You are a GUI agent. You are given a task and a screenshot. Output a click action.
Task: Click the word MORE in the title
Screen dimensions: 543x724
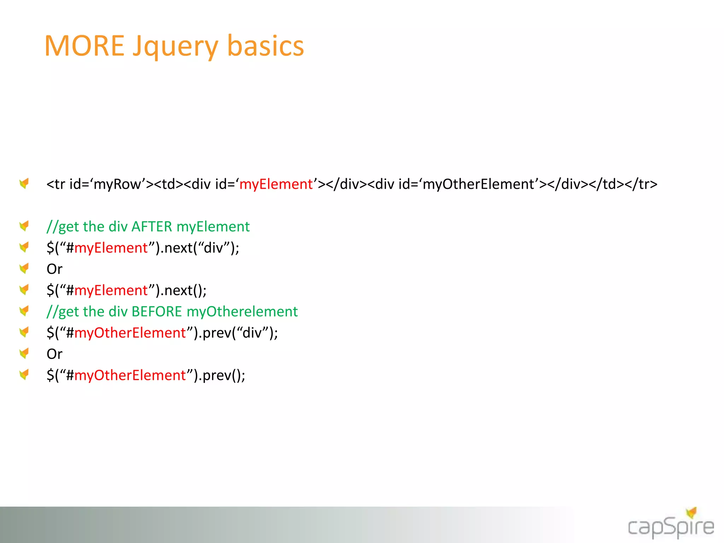(84, 46)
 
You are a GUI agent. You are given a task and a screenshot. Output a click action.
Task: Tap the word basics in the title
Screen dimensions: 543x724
(265, 46)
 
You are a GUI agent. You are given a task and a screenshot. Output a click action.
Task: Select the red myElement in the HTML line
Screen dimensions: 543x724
(276, 184)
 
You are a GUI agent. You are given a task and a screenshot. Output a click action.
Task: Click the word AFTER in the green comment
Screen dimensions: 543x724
(152, 227)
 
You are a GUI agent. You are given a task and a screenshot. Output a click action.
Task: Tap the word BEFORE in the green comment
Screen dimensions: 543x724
(157, 311)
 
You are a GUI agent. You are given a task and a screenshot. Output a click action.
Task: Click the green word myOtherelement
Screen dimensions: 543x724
(242, 311)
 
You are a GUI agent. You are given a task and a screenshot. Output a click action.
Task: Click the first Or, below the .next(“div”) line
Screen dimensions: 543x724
(54, 269)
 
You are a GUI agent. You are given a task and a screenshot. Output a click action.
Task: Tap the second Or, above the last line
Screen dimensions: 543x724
(54, 354)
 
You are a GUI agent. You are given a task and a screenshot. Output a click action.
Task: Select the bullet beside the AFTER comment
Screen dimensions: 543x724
(24, 226)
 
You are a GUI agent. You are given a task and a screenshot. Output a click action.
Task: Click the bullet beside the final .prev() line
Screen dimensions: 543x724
(24, 374)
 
